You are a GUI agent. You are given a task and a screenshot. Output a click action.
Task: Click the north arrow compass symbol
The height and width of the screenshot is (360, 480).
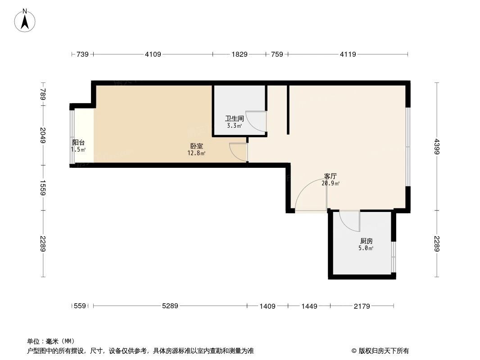[x=25, y=20]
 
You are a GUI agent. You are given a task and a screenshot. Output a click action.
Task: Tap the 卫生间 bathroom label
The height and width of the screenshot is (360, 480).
[x=235, y=119]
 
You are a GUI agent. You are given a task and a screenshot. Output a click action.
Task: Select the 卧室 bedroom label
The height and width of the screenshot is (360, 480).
[x=196, y=146]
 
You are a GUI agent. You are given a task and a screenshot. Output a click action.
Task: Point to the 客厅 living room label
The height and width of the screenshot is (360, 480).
[x=331, y=176]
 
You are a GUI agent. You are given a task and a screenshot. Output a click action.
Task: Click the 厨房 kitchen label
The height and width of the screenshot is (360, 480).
[x=367, y=241]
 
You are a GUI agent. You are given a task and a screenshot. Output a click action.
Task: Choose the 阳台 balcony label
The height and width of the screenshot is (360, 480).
[x=78, y=143]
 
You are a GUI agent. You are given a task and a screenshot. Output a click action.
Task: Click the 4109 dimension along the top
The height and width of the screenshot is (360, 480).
[x=153, y=54]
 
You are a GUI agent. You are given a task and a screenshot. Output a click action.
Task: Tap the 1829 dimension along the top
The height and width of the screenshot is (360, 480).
[x=240, y=54]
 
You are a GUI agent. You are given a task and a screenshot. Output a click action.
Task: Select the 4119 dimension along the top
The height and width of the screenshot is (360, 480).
[x=348, y=54]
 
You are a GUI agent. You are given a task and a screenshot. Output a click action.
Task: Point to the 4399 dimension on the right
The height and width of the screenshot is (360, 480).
[x=437, y=146]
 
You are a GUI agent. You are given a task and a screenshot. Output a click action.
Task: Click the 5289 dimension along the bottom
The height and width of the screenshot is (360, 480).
[x=170, y=306]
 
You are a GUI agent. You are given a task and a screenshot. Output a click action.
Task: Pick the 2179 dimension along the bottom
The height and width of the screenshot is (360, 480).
[x=362, y=306]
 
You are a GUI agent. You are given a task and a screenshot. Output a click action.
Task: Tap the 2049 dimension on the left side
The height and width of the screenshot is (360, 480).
[x=43, y=135]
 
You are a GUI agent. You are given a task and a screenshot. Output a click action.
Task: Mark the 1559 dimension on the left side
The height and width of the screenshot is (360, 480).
[x=43, y=188]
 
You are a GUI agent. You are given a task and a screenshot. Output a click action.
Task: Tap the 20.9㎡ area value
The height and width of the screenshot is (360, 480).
[x=331, y=183]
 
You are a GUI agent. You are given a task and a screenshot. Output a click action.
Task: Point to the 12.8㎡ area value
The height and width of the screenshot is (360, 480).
[x=196, y=153]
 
